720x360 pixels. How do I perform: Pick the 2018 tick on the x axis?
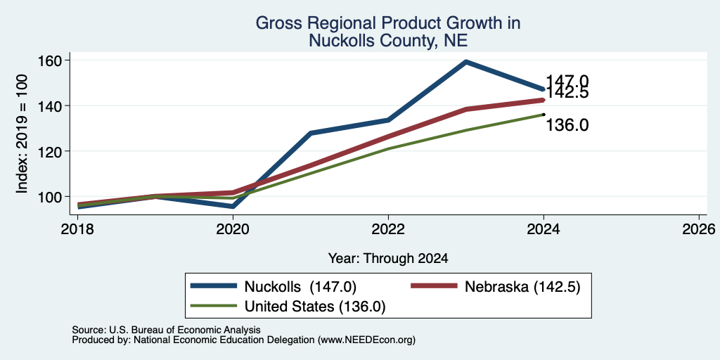coord(77,229)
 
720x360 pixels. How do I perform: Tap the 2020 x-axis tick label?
coord(233,229)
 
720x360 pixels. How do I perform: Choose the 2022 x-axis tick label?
coord(388,229)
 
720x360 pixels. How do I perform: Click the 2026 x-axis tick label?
coord(699,229)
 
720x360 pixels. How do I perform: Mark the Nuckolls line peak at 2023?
coord(466,62)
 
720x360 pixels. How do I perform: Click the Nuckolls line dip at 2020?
coord(233,206)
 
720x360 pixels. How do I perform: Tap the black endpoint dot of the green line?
coord(544,115)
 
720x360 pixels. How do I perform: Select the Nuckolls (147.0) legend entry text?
coord(300,287)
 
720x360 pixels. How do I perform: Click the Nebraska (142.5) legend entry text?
coord(522,287)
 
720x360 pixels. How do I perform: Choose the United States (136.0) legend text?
coord(315,307)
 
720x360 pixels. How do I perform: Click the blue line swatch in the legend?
coord(214,286)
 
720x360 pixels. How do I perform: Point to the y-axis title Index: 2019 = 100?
coord(22,134)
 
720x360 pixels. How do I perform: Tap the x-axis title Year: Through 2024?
coord(388,259)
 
